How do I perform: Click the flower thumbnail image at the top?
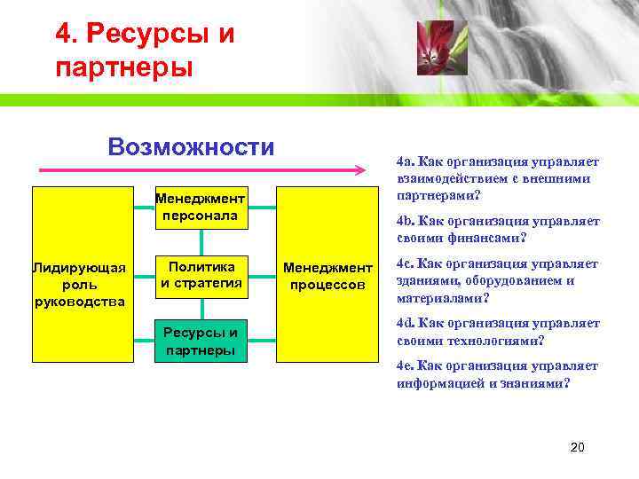[x=436, y=48]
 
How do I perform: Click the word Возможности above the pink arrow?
[x=191, y=146]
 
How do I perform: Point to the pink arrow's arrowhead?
[x=359, y=169]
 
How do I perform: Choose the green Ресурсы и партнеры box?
[x=201, y=341]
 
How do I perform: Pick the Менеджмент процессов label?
[x=327, y=276]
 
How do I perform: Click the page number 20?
[x=577, y=447]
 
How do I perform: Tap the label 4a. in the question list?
[x=406, y=162]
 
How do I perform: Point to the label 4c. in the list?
[x=406, y=263]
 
